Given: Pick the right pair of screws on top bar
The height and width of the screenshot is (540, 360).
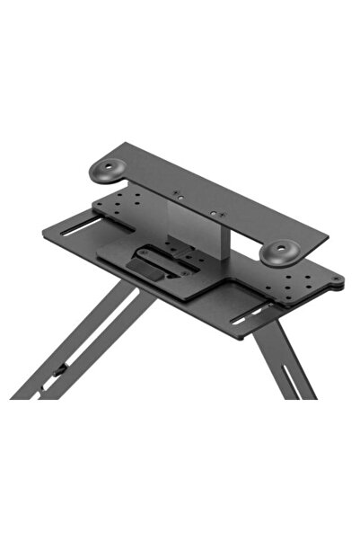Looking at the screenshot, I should pos(216,214).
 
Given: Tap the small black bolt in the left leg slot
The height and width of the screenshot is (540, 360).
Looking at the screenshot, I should pos(58,368).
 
